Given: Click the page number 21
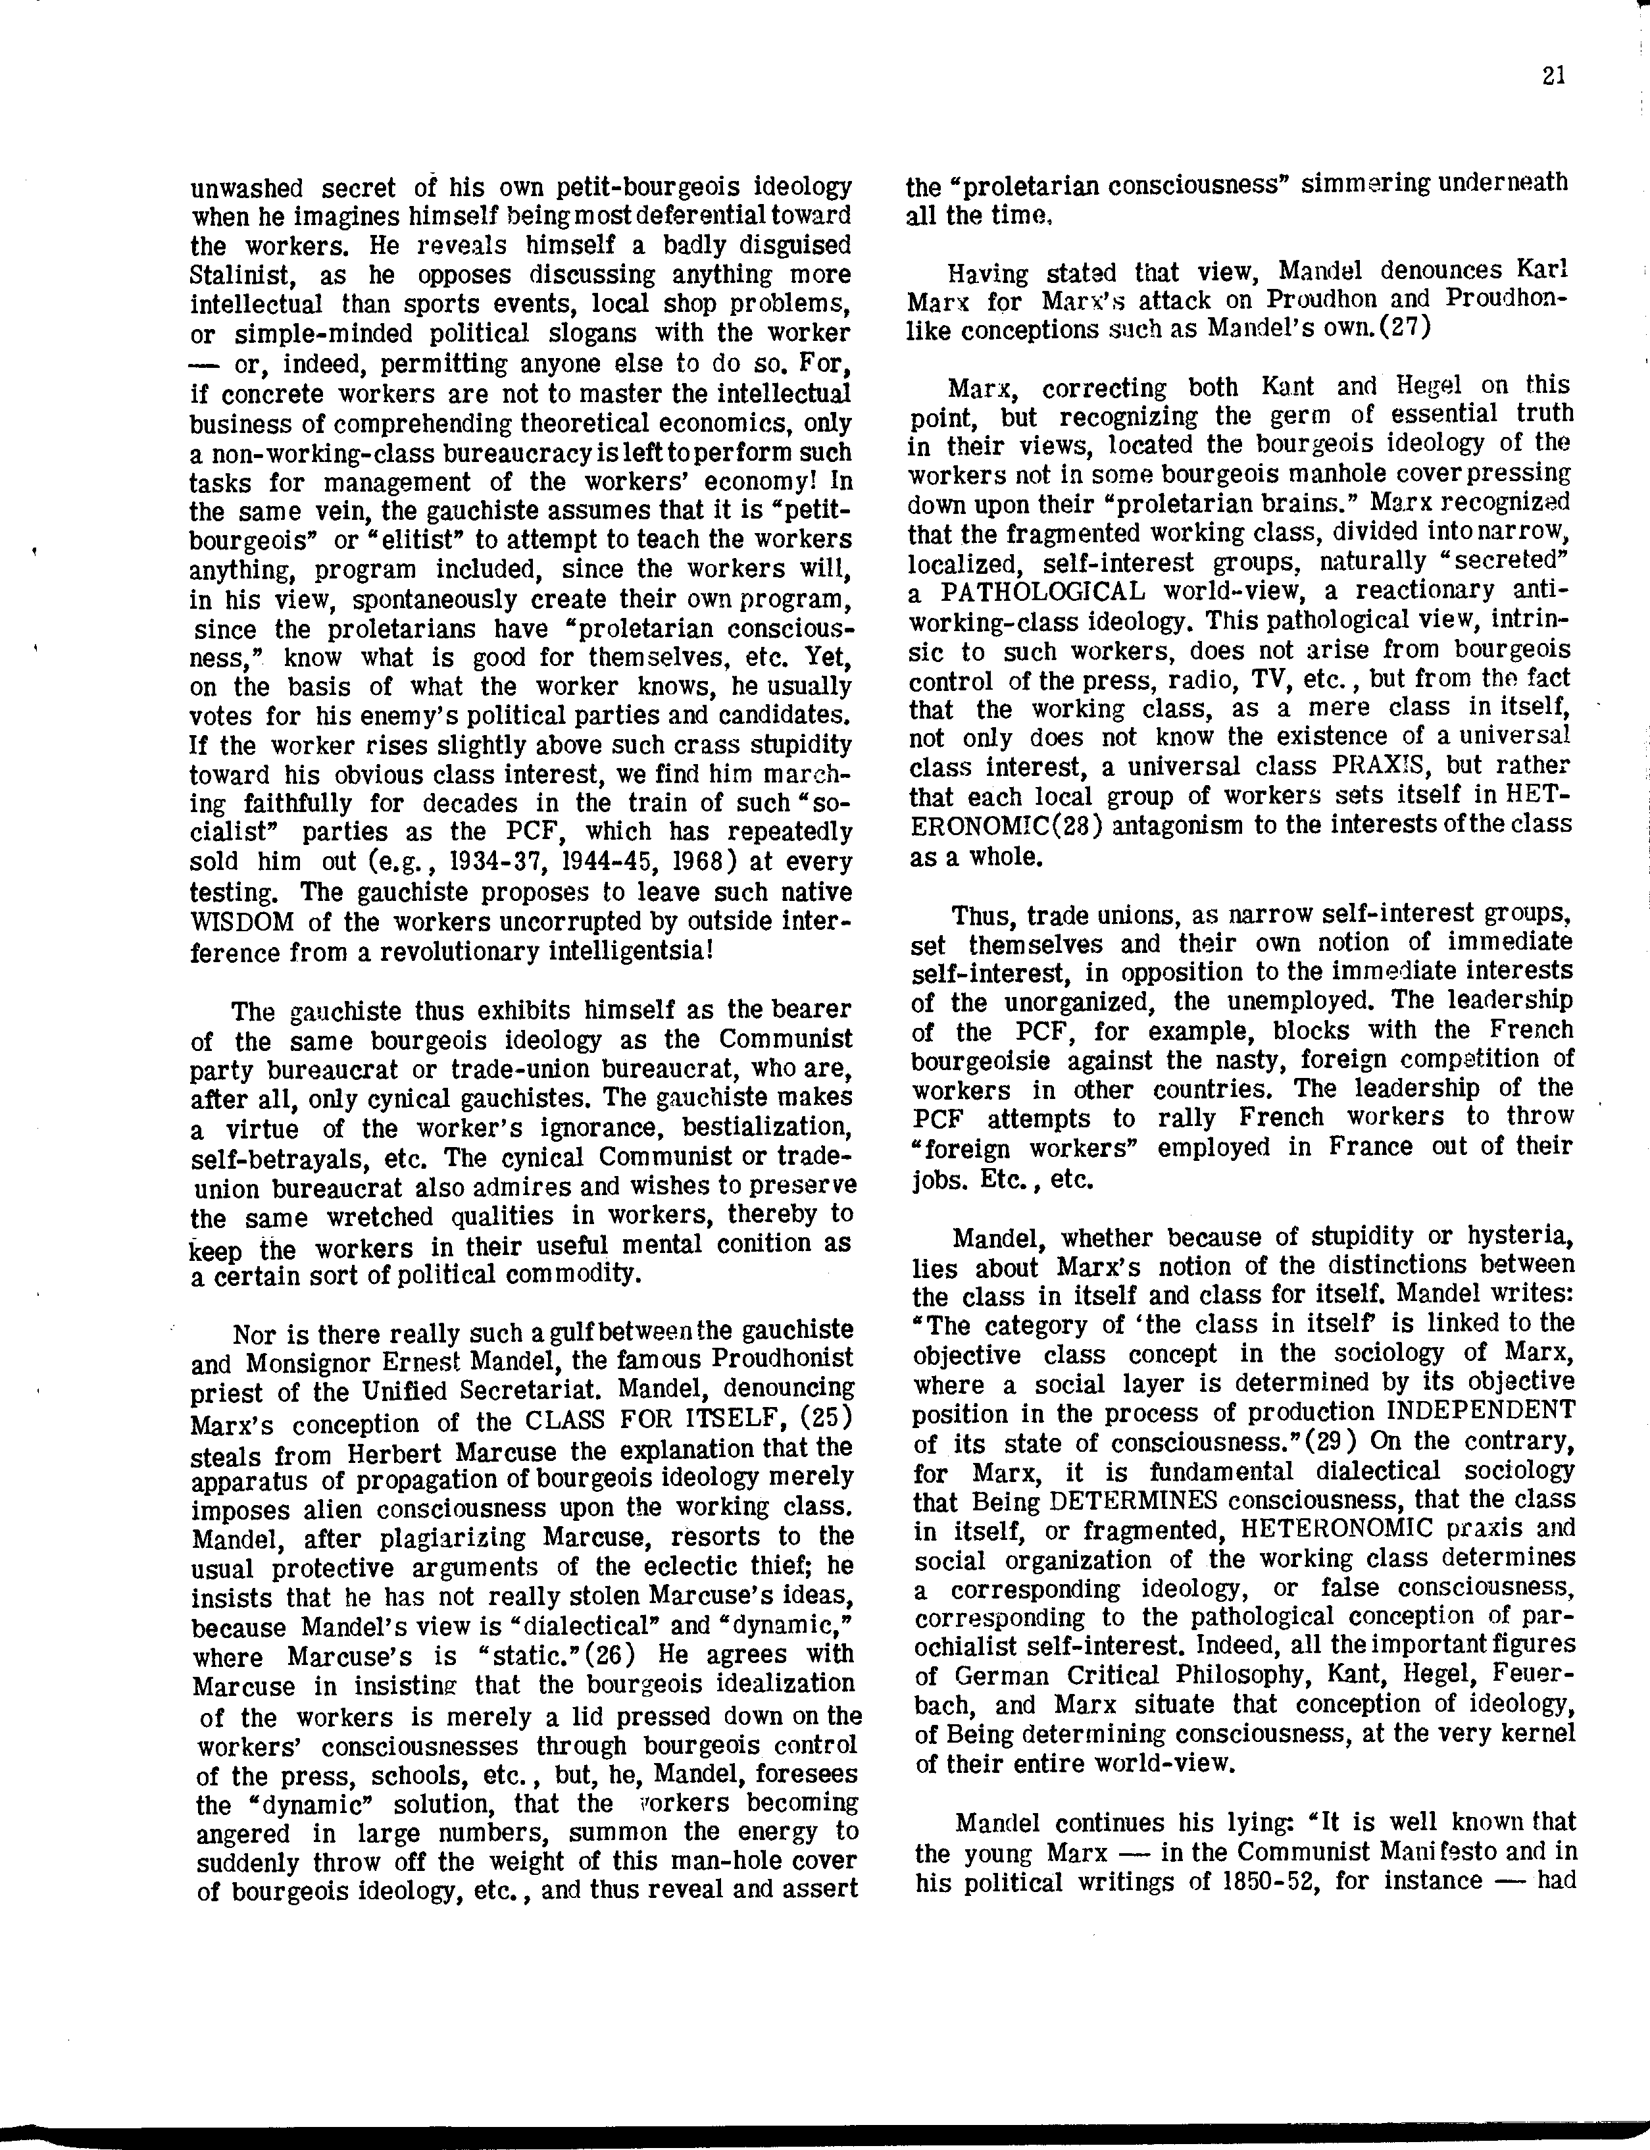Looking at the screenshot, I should coord(1553,76).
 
